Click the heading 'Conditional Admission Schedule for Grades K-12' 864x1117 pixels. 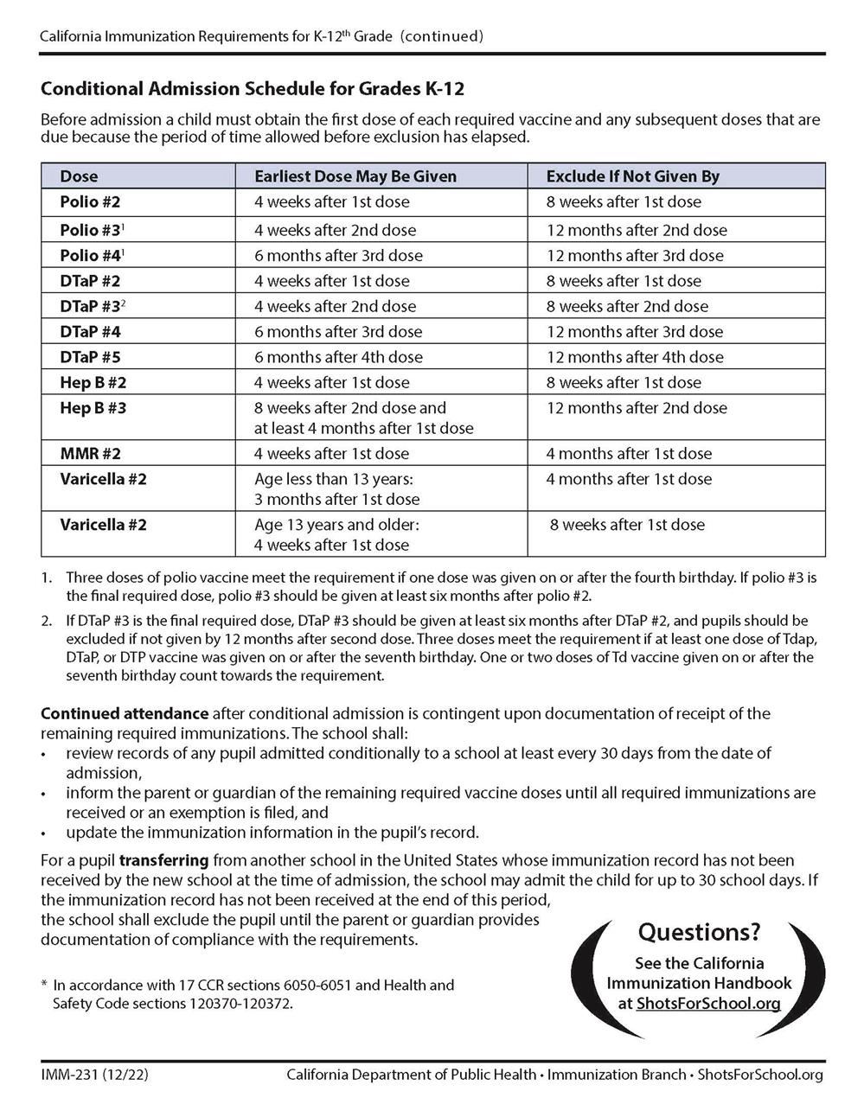click(x=253, y=89)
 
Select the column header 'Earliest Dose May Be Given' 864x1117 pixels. click(x=355, y=176)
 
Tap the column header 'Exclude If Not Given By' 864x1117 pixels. click(x=632, y=176)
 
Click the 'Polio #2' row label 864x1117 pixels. click(x=90, y=202)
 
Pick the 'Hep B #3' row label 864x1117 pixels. click(x=93, y=408)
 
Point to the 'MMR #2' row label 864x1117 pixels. click(x=90, y=454)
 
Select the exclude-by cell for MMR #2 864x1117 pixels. click(x=629, y=454)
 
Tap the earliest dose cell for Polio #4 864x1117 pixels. click(x=338, y=256)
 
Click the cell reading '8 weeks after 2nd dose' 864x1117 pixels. click(x=627, y=307)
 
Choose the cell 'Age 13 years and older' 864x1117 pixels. click(x=336, y=525)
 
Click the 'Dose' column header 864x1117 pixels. click(x=79, y=176)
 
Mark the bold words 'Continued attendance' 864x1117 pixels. click(x=125, y=714)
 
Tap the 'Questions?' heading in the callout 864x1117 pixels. click(x=699, y=932)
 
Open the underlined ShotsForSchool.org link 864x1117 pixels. click(x=707, y=1004)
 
